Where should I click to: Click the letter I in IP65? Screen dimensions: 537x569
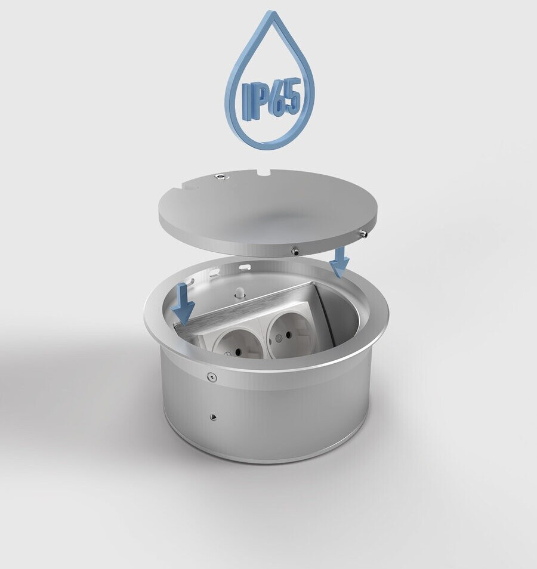[x=246, y=101]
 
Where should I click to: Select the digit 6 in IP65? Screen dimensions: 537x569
[x=278, y=98]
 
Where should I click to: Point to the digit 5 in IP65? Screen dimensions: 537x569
[x=294, y=95]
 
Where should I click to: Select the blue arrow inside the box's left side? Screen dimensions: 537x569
[x=184, y=304]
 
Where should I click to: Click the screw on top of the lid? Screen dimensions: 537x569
[x=220, y=177]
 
